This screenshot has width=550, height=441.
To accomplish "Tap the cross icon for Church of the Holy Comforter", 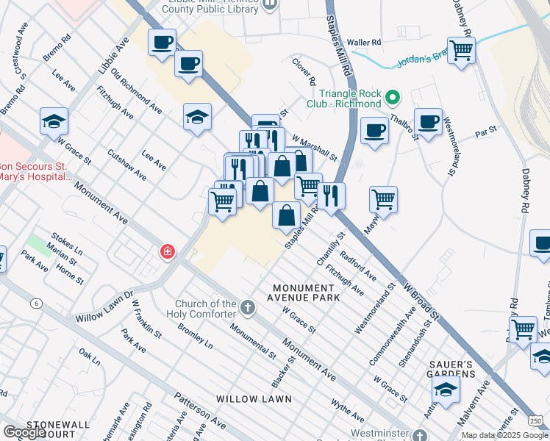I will (x=248, y=306).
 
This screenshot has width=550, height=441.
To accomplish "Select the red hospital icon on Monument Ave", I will (x=168, y=253).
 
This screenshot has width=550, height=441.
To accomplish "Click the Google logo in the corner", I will (x=24, y=432).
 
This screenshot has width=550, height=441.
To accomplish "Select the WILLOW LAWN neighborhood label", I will (x=254, y=398).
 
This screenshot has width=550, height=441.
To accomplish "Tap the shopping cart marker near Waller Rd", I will (x=461, y=51).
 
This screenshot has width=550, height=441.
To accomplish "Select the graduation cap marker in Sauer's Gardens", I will (x=446, y=390).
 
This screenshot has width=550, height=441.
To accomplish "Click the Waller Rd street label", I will (x=365, y=43).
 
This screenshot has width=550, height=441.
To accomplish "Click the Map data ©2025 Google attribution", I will (x=505, y=435).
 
